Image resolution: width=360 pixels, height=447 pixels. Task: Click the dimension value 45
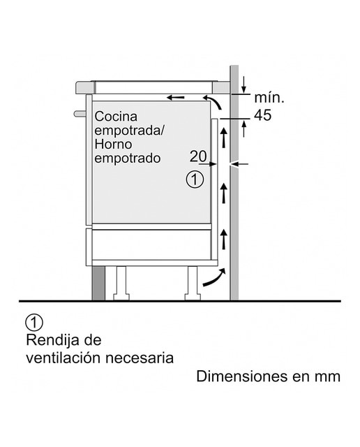[262, 115]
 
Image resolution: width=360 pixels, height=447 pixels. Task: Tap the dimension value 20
[198, 156]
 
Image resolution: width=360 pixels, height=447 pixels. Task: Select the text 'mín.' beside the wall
[269, 98]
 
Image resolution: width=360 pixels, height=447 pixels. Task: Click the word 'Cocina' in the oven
[116, 117]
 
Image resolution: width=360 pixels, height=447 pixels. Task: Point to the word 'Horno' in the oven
[113, 144]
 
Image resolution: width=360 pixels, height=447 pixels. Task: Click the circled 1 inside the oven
[195, 179]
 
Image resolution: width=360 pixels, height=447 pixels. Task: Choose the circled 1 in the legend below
[34, 323]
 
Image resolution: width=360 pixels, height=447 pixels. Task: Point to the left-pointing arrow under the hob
[175, 98]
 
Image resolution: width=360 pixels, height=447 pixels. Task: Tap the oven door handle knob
[80, 114]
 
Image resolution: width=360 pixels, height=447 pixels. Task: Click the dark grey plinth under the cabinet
[98, 283]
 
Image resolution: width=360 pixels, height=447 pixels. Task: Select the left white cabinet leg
[121, 283]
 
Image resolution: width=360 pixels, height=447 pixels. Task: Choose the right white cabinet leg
[193, 283]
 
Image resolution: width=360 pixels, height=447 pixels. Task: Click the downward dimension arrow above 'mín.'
[243, 85]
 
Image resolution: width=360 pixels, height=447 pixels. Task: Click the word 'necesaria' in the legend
[140, 358]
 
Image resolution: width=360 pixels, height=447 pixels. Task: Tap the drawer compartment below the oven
[151, 244]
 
